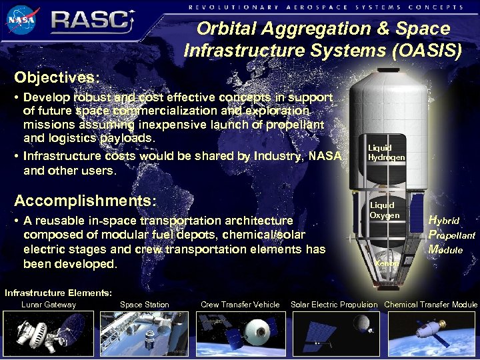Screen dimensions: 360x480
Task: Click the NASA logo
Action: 23,20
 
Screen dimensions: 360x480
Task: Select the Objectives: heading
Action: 57,76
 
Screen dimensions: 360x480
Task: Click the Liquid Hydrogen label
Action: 386,152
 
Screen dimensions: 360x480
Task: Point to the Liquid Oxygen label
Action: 385,210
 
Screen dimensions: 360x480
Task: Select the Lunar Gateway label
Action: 49,305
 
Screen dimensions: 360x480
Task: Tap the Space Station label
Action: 144,305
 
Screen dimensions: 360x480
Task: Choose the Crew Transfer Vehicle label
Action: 240,305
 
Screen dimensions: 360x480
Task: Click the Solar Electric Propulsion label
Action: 334,305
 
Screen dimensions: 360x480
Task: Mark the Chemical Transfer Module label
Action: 431,305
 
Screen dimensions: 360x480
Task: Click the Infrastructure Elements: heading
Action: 59,293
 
